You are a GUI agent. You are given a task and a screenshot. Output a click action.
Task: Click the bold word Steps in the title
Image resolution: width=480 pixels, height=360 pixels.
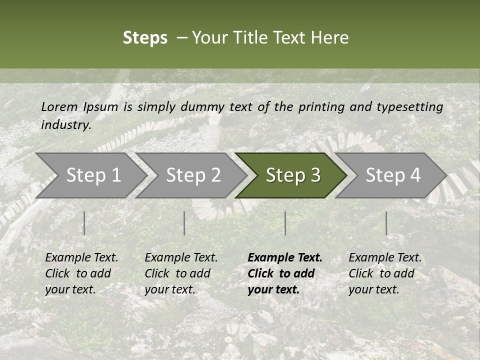point(145,38)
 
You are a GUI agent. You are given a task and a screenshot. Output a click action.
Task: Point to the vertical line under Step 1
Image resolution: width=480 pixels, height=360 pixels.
point(84,223)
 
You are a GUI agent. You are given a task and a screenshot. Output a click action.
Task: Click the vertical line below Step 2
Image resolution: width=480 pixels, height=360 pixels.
point(184,223)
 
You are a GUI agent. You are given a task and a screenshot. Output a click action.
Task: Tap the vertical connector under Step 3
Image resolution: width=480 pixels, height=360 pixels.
point(285,223)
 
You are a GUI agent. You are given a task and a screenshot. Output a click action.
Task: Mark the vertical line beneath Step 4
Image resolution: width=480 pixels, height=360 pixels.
point(386,223)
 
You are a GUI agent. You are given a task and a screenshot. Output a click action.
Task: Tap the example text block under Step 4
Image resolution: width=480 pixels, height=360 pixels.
point(385,273)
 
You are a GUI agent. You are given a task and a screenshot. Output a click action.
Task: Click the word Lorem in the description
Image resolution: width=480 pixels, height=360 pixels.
point(59,106)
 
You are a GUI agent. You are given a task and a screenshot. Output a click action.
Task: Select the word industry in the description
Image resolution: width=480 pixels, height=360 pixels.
point(66,125)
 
